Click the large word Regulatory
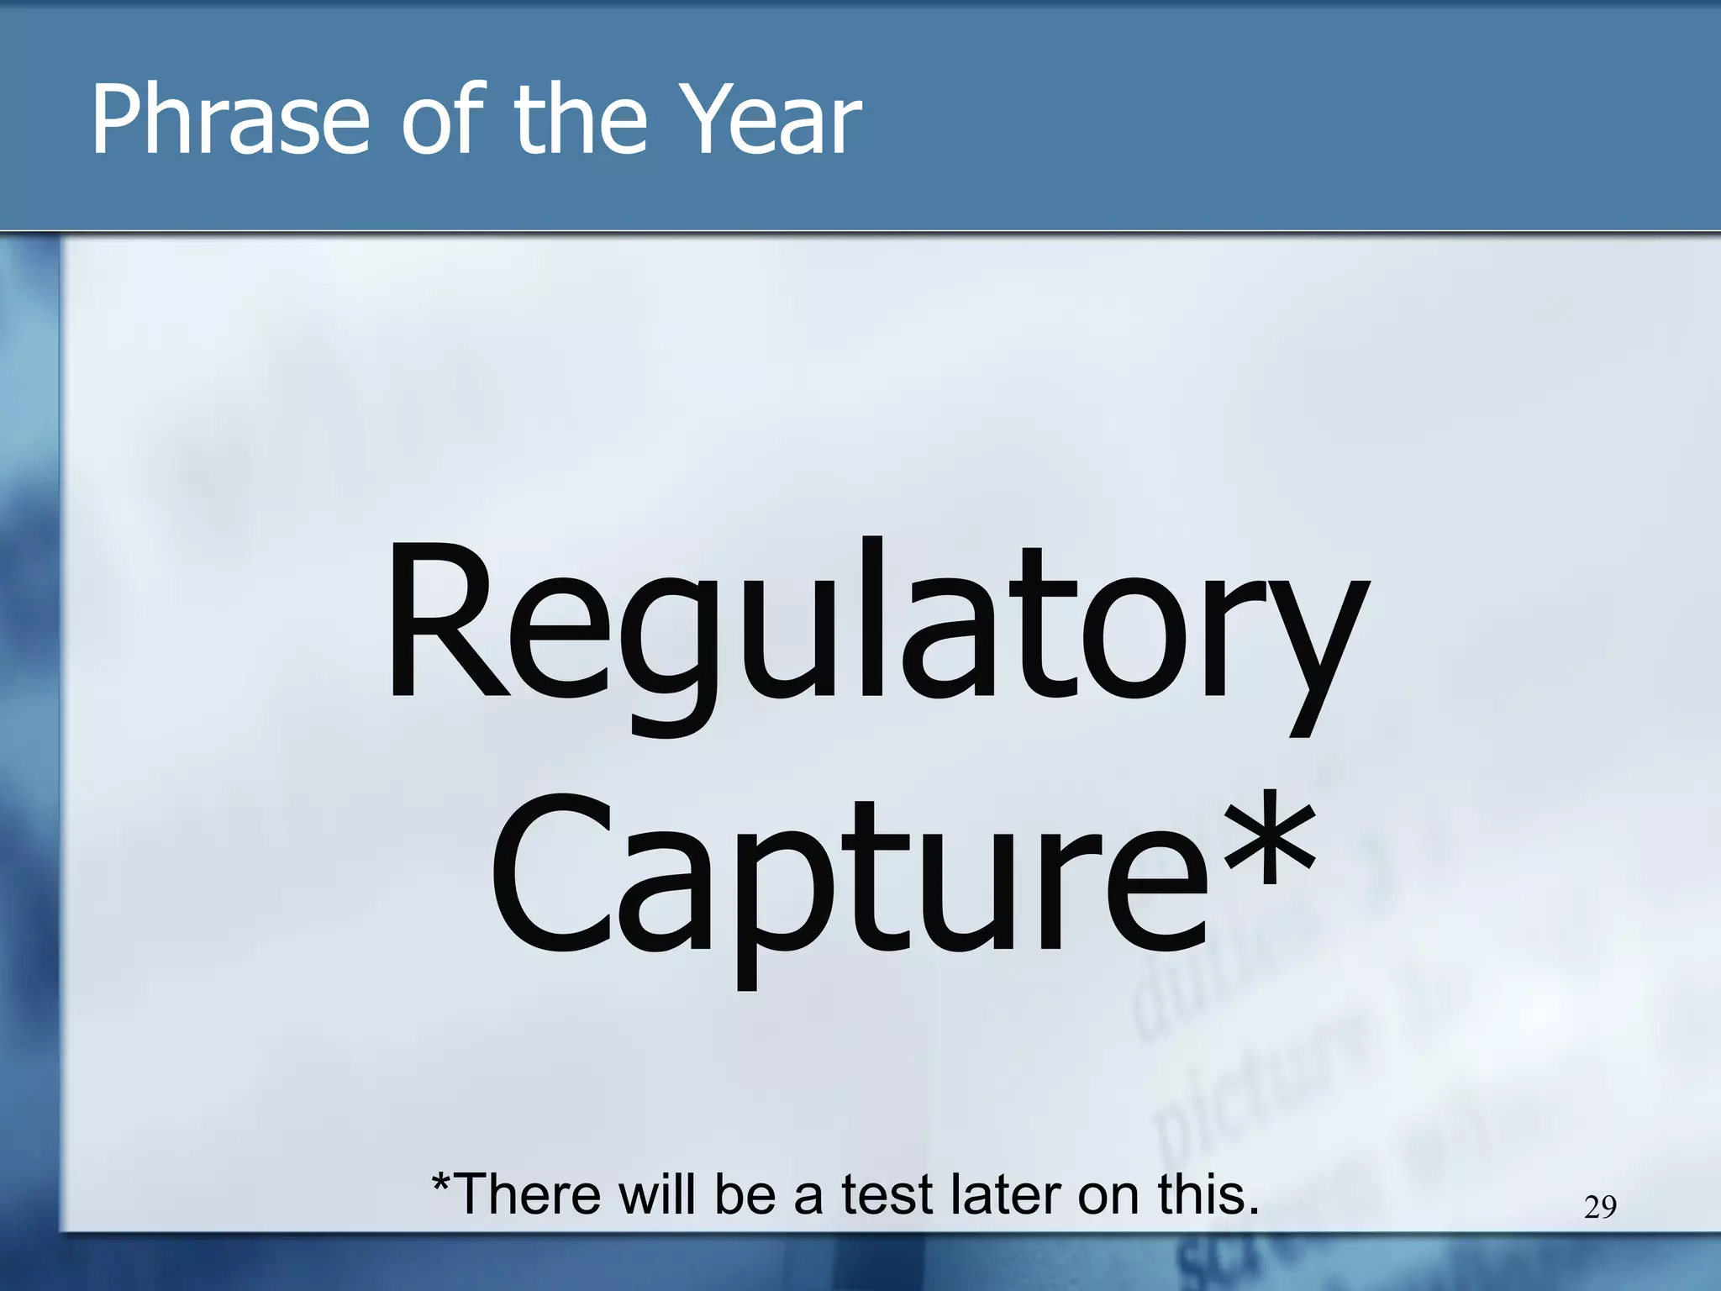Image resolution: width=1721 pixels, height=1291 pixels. pos(874,622)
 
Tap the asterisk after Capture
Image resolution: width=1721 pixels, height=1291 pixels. pos(1268,840)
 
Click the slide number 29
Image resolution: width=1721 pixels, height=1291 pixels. pos(1599,1208)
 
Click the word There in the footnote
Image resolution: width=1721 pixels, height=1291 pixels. pos(529,1194)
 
